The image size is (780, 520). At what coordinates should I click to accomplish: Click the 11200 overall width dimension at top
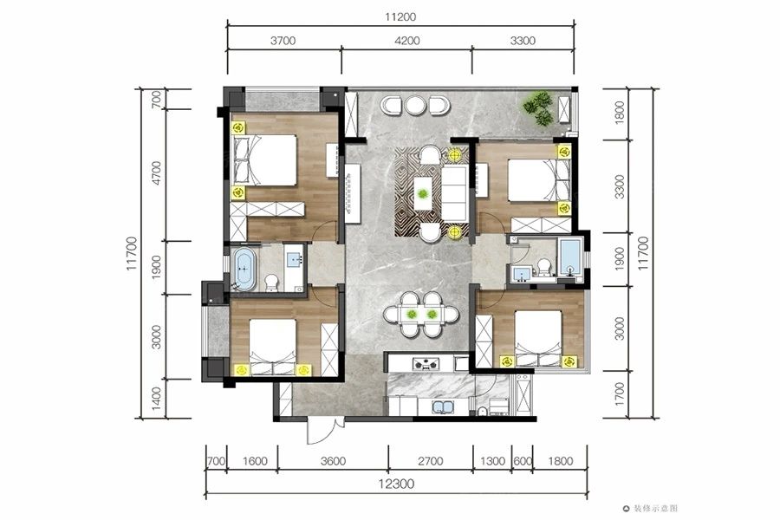(x=400, y=17)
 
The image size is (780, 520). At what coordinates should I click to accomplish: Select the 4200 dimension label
(x=407, y=41)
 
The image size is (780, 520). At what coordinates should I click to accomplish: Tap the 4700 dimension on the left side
(x=156, y=173)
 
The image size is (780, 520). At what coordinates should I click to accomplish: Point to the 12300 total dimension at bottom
(x=396, y=484)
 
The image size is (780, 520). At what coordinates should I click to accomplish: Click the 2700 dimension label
(x=430, y=461)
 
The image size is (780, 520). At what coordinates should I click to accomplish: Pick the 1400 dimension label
(x=156, y=399)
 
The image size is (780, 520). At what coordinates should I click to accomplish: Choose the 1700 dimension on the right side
(x=620, y=394)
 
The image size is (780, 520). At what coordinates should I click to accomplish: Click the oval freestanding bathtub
(x=244, y=270)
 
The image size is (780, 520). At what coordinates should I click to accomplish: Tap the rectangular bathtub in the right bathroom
(x=569, y=257)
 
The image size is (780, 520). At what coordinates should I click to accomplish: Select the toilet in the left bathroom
(x=271, y=283)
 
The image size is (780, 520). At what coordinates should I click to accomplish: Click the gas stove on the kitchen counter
(x=426, y=364)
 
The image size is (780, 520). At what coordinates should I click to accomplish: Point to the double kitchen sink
(x=443, y=407)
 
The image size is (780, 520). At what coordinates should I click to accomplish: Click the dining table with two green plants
(x=421, y=315)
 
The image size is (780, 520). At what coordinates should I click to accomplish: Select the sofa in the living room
(x=453, y=193)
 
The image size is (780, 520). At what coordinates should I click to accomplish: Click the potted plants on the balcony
(x=537, y=108)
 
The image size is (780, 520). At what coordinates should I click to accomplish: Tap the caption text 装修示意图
(x=655, y=509)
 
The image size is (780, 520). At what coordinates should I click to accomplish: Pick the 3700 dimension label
(x=283, y=41)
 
